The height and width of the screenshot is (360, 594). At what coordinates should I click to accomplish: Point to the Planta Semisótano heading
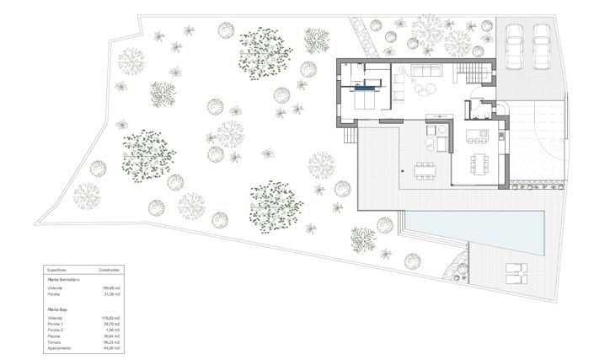point(63,278)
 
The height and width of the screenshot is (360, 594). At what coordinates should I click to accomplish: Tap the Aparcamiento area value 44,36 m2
point(111,347)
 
